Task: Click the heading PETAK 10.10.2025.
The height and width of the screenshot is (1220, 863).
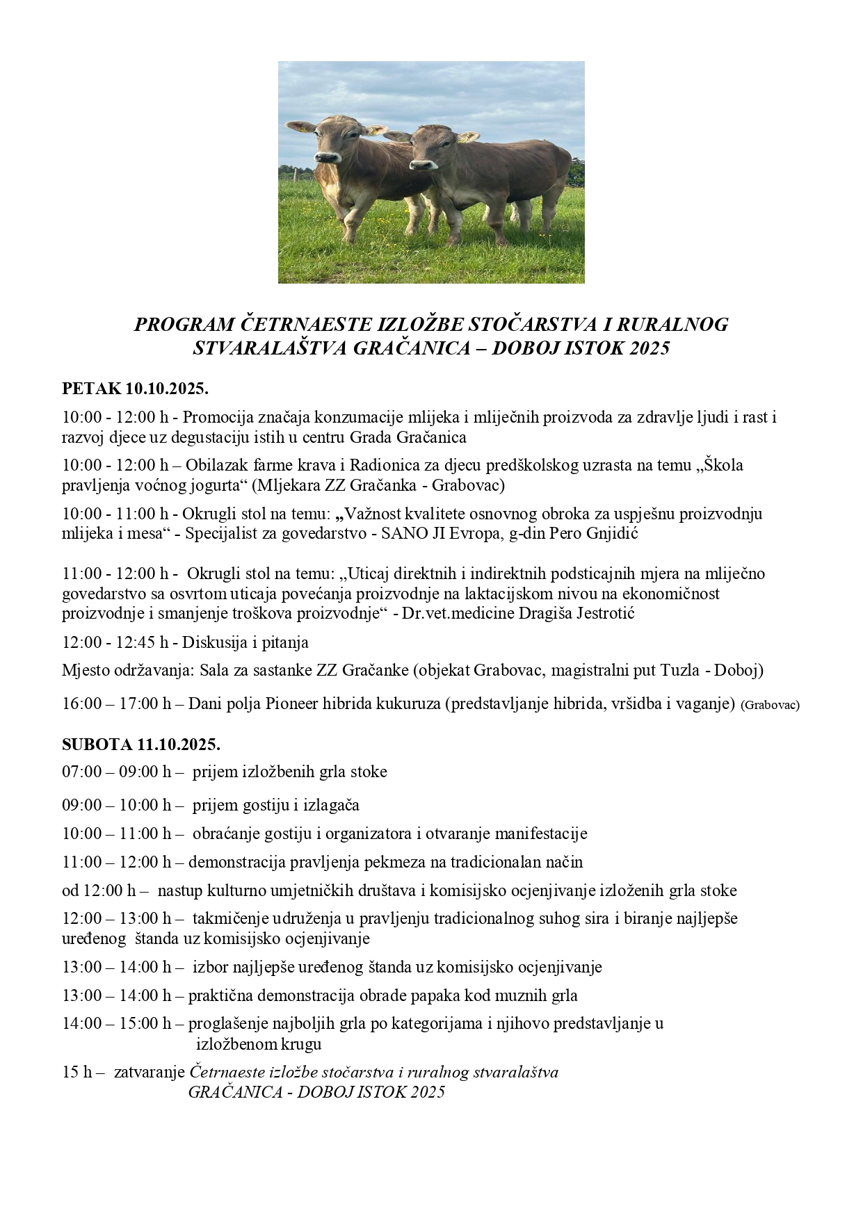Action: coord(136,387)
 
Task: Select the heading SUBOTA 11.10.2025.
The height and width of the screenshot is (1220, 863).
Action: coord(141,745)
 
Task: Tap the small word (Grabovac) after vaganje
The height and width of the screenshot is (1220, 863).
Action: coord(770,705)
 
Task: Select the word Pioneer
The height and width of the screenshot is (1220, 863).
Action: coord(291,703)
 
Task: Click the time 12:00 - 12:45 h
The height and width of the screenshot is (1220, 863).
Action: coord(115,642)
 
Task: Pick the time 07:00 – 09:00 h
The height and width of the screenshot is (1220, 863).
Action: coord(117,772)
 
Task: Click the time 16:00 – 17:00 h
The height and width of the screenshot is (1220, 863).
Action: coord(117,703)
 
